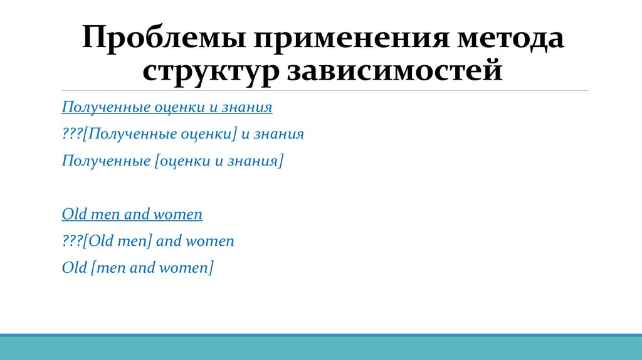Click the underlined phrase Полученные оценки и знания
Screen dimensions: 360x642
(x=167, y=107)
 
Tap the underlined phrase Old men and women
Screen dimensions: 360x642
(x=132, y=214)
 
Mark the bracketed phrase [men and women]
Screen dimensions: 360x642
(x=152, y=268)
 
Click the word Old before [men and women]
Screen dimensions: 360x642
(x=74, y=268)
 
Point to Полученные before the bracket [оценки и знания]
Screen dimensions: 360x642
(x=105, y=161)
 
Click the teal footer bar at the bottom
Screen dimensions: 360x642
(x=321, y=347)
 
